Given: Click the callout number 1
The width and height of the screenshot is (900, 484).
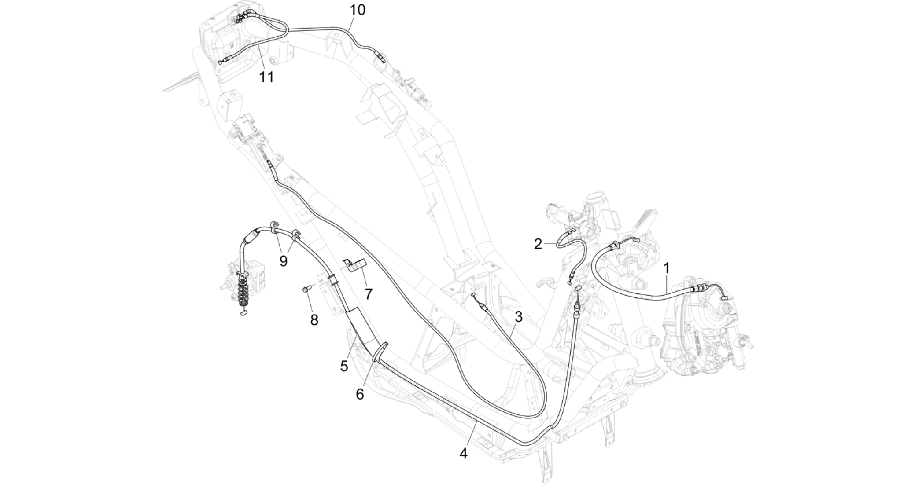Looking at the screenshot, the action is point(667,268).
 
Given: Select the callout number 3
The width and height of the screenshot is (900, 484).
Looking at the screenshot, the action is point(519,316).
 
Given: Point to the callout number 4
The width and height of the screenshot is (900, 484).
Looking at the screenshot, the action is point(463,453).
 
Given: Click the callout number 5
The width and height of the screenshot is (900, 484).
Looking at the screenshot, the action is point(344,366).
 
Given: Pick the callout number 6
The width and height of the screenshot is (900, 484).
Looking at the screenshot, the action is point(360,394).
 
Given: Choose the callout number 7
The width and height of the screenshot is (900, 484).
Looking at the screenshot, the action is point(368,293).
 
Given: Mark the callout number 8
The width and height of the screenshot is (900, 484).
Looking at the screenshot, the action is point(314,320).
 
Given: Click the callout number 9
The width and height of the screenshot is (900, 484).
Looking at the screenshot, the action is point(284,261).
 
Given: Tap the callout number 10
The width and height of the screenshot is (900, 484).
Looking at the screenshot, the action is point(357,10).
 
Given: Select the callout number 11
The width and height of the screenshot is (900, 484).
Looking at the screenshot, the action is point(266,77).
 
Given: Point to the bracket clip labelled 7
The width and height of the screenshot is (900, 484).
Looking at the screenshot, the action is point(354,266).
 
